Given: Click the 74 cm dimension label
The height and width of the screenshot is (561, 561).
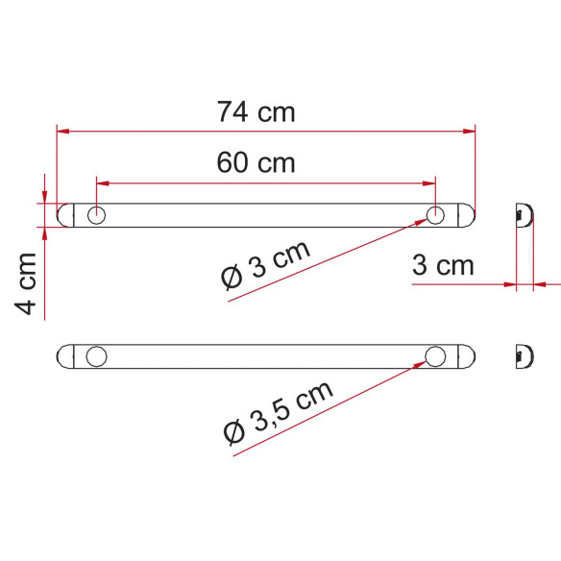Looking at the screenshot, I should [x=256, y=111].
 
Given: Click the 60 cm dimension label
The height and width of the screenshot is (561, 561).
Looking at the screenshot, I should [x=256, y=162].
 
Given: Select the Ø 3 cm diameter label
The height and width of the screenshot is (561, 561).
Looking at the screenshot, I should [x=265, y=264].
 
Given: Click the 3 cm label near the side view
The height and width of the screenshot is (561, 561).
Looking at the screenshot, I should [x=443, y=265].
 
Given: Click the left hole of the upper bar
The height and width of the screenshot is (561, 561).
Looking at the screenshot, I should [x=96, y=215].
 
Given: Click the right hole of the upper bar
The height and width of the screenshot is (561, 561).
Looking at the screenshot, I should [x=435, y=215].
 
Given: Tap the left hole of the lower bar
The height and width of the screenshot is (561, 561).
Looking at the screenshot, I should [x=96, y=357].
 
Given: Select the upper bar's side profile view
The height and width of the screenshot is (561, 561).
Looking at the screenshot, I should [x=524, y=214].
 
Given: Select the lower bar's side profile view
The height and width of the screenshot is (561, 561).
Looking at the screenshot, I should [x=524, y=356].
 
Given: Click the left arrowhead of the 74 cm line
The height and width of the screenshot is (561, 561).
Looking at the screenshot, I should [x=62, y=130].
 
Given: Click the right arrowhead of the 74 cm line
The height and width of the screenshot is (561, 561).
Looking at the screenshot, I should [x=471, y=130].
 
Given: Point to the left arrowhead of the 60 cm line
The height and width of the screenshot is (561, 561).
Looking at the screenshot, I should [x=102, y=181].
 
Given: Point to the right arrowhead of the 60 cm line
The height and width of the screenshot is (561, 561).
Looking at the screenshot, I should [x=430, y=181].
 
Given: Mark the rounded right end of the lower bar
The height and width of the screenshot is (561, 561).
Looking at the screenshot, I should [x=468, y=357].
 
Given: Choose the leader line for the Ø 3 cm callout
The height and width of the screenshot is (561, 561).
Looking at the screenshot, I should [x=327, y=259].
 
